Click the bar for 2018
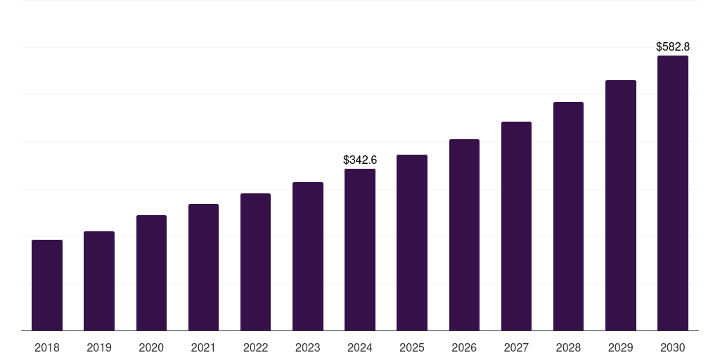click(47, 285)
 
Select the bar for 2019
click(99, 281)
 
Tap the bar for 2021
click(203, 267)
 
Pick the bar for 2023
click(308, 256)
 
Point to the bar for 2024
click(360, 250)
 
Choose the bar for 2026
click(464, 235)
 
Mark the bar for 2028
click(568, 216)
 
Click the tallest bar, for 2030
click(673, 193)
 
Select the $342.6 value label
click(360, 160)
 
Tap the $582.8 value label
click(673, 47)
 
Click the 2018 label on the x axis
click(47, 347)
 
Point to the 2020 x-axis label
click(151, 347)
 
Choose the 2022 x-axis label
click(256, 347)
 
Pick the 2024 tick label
click(360, 347)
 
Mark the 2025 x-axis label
click(412, 347)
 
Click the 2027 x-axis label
click(516, 347)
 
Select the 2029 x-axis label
click(621, 347)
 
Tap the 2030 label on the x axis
click(673, 347)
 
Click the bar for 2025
click(412, 243)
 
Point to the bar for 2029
click(621, 205)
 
